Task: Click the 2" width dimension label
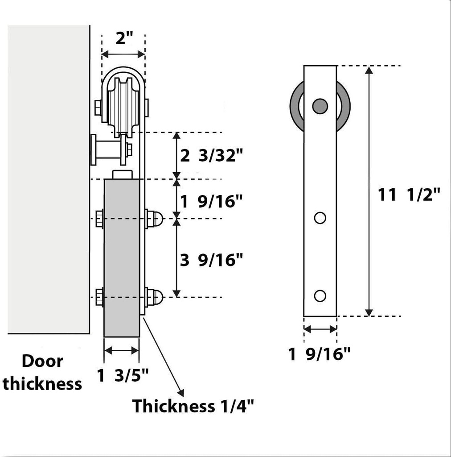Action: click(x=124, y=39)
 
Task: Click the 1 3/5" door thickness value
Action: click(x=123, y=376)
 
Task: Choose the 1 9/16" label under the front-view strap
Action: click(x=320, y=354)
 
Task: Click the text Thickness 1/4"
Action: click(x=193, y=407)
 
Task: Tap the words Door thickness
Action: click(x=42, y=372)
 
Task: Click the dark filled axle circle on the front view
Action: click(x=320, y=106)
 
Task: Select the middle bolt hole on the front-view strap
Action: click(x=320, y=218)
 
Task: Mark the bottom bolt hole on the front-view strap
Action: click(x=320, y=295)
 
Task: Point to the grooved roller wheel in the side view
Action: click(x=123, y=105)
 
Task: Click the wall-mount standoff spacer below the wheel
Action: click(x=107, y=150)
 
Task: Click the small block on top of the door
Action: click(x=123, y=174)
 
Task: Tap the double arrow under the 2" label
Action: click(x=123, y=54)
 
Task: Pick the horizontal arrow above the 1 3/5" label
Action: click(x=122, y=351)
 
